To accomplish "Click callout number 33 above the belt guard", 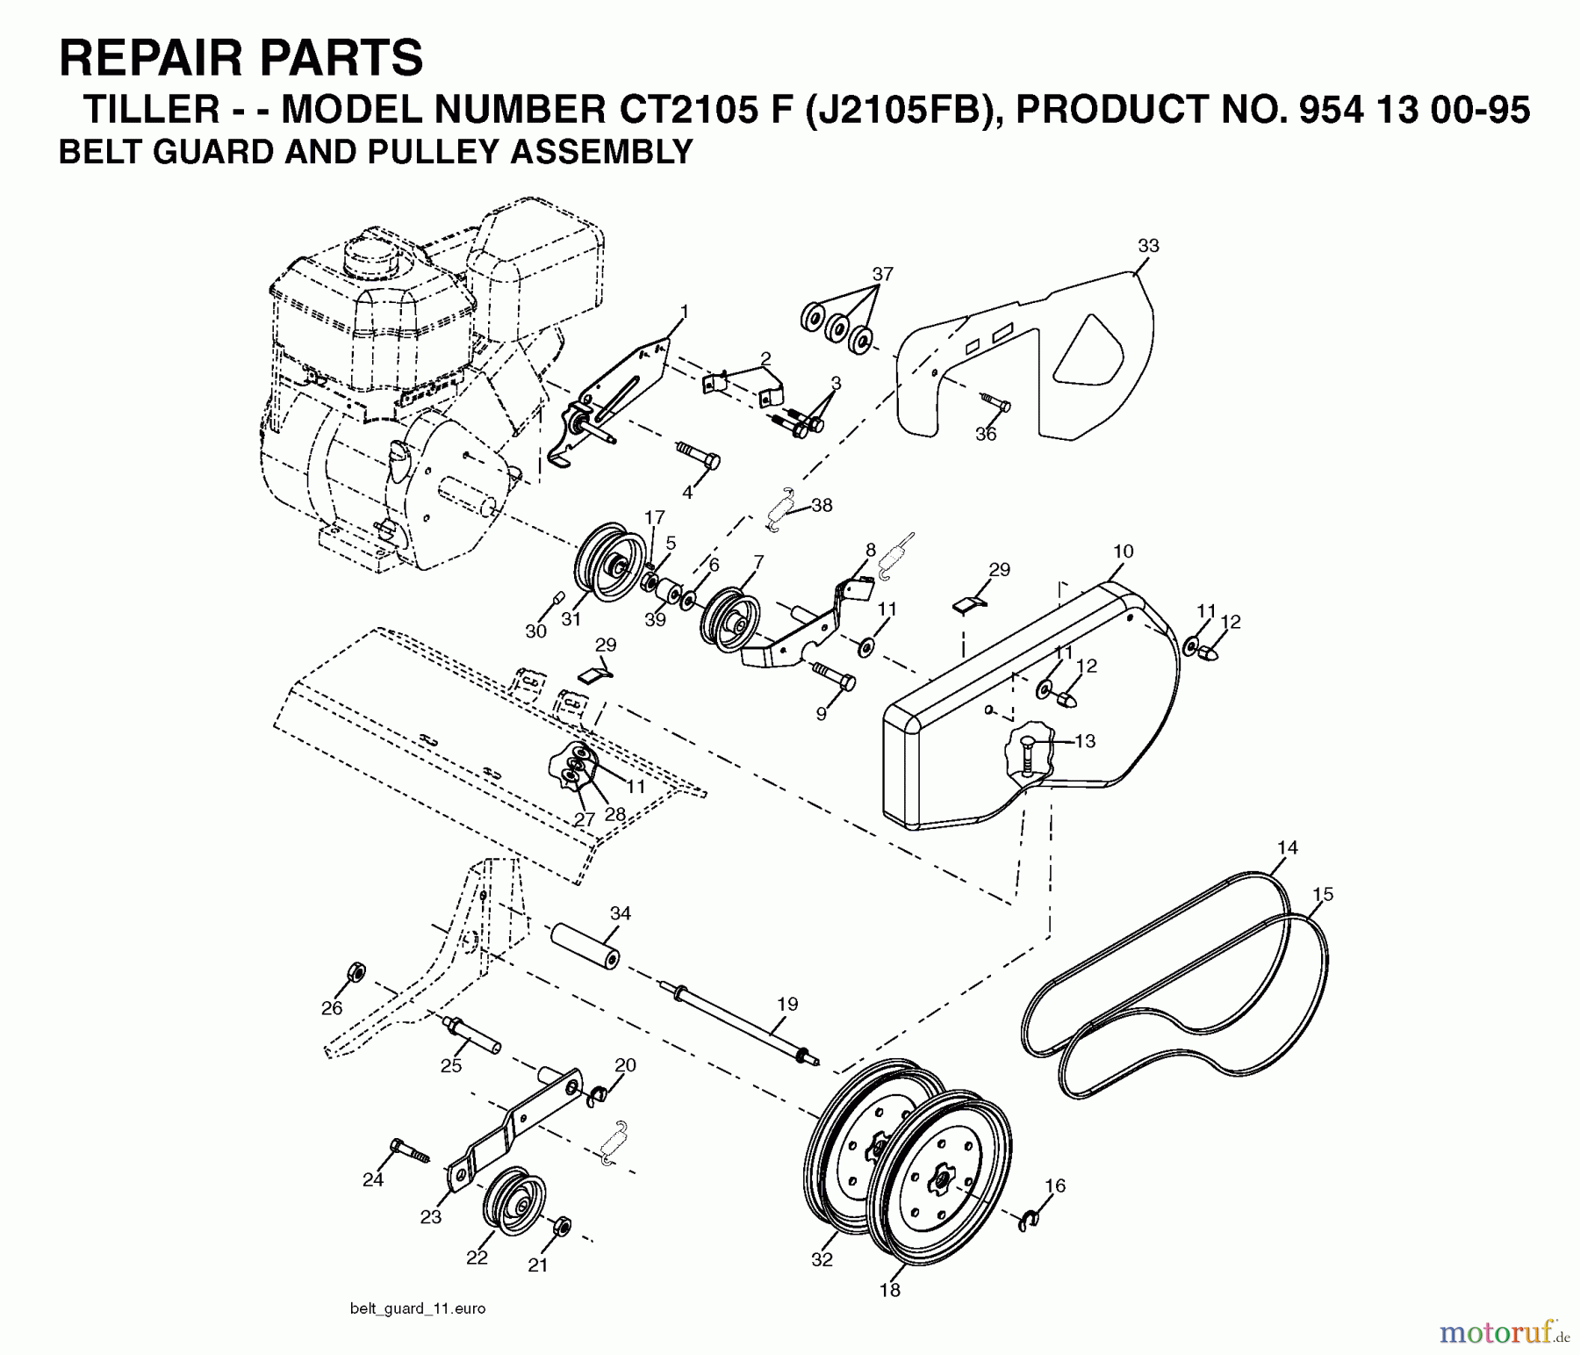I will pos(1148,247).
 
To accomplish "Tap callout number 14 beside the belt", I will pos(1287,848).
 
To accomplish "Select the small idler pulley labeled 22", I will pos(513,1201).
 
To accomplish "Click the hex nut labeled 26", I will pos(355,972).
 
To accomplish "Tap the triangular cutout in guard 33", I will pos(1088,351).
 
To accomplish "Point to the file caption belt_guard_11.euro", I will pos(417,1308).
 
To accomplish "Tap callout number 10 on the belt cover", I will pos(1123,551).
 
